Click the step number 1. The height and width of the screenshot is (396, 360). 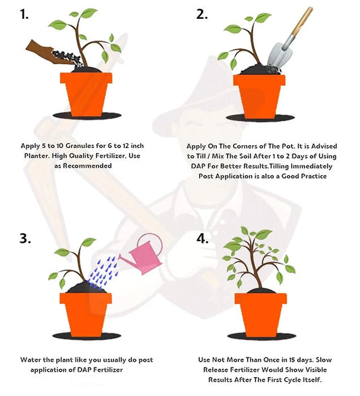(24, 14)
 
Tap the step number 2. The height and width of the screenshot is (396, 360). (202, 14)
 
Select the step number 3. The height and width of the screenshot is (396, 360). (25, 238)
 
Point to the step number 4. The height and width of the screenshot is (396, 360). (203, 238)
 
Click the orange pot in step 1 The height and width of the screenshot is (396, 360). (86, 94)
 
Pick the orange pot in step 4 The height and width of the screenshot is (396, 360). (261, 315)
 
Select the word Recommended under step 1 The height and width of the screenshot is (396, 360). (87, 166)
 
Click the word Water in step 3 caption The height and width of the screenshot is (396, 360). (29, 360)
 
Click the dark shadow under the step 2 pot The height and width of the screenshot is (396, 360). (260, 118)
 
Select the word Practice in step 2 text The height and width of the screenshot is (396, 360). (314, 176)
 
